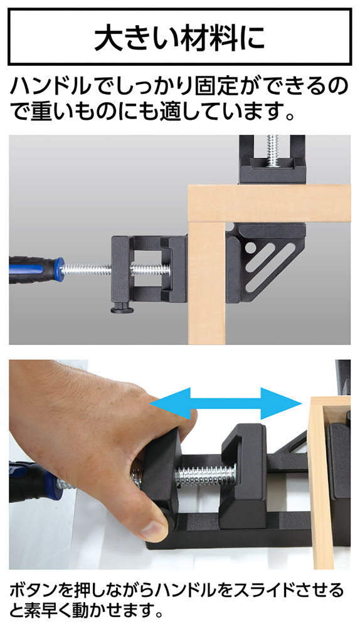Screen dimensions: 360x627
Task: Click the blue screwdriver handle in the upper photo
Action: point(36,269)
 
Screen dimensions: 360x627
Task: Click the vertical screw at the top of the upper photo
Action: point(273,150)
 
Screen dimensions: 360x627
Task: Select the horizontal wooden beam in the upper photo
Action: point(268,203)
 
